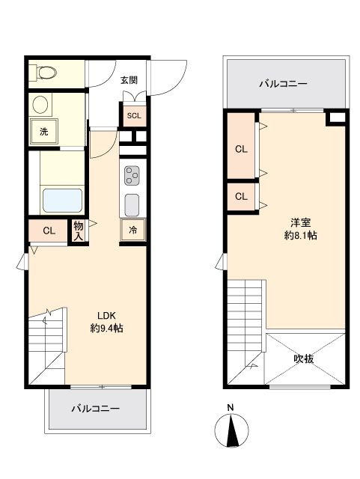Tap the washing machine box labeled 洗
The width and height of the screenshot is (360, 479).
[43, 132]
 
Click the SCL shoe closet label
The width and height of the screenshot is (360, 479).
[134, 115]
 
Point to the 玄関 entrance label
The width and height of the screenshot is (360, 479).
[129, 80]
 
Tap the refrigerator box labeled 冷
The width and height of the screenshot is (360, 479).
[133, 231]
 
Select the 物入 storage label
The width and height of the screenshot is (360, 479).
[78, 231]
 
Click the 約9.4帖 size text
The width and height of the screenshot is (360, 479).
[106, 328]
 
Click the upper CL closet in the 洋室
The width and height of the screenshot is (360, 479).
[241, 149]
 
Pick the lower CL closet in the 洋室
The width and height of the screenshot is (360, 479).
[241, 197]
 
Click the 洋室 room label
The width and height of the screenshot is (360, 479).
[301, 222]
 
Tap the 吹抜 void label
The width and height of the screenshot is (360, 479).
[303, 359]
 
